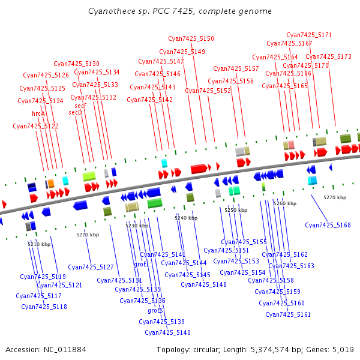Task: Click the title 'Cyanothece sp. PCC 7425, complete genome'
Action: [179, 11]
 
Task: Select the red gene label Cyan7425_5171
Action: [309, 35]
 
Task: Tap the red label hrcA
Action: [38, 113]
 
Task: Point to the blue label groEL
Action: [142, 264]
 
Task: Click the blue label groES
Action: [155, 311]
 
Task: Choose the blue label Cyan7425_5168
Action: [328, 225]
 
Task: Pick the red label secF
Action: [80, 106]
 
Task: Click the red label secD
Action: [75, 112]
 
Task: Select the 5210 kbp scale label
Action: [39, 244]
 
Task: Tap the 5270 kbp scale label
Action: [335, 197]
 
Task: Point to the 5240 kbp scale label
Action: [186, 218]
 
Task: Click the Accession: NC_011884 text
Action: [46, 349]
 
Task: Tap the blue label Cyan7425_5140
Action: [167, 332]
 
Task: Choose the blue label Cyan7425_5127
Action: [91, 267]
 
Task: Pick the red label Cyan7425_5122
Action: [35, 126]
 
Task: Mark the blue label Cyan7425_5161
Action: [288, 314]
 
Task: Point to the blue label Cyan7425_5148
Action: [203, 284]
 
